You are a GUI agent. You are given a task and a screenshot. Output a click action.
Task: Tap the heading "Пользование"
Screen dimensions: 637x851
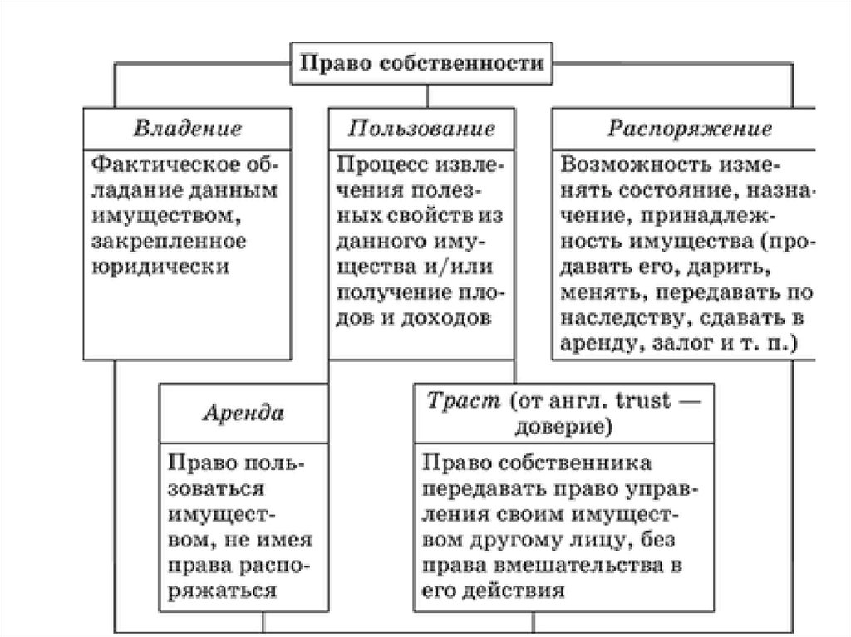coord(421,130)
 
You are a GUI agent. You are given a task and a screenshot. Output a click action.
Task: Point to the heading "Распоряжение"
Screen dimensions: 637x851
coord(689,130)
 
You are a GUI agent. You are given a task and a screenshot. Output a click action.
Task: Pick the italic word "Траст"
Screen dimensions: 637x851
coord(454,400)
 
